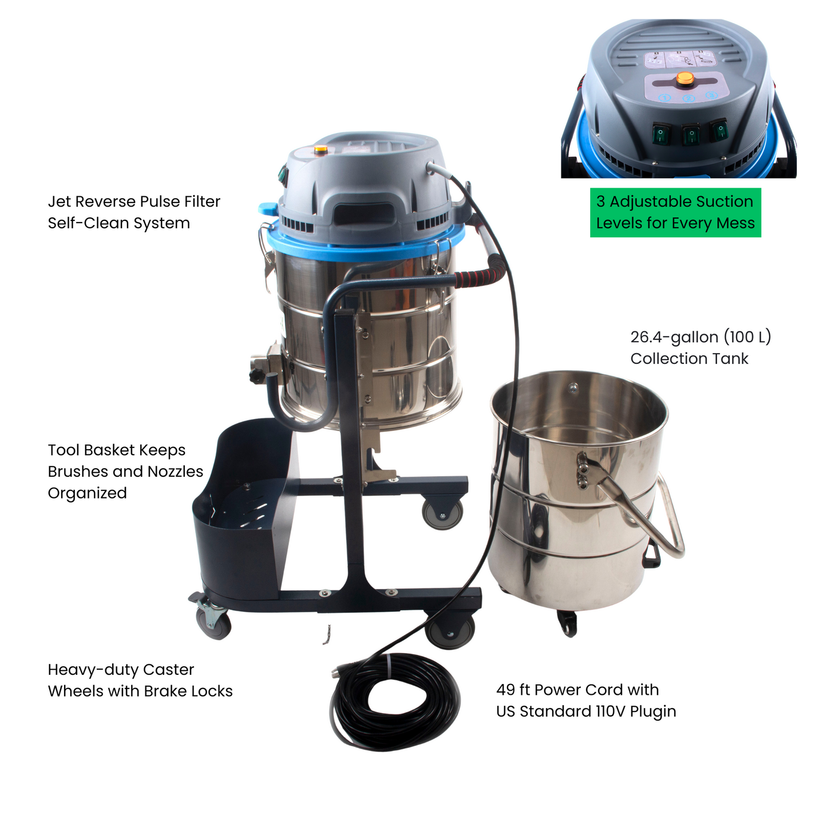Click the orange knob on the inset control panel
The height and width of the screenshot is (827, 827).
[684, 78]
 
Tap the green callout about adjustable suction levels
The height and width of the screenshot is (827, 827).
[675, 212]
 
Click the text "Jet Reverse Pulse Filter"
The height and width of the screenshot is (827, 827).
[134, 201]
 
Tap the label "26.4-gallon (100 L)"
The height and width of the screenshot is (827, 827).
[701, 337]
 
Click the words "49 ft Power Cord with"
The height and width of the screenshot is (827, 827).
[577, 690]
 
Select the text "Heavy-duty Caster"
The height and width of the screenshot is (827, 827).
[121, 670]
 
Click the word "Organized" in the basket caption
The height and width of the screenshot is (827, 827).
[87, 493]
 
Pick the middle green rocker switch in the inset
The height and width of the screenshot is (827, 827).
[691, 135]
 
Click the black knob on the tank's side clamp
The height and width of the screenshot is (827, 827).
[255, 376]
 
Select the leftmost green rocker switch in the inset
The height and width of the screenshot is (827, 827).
[660, 135]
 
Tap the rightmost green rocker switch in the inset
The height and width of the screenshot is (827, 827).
[719, 130]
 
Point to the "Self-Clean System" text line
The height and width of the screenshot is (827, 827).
[118, 223]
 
